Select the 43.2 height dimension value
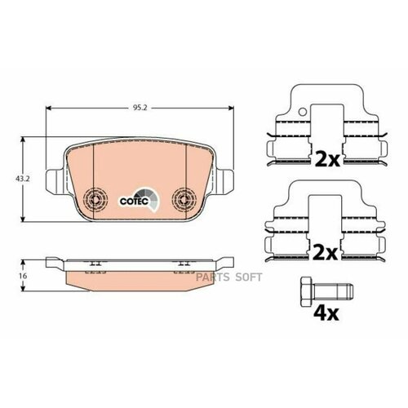[x=12, y=176]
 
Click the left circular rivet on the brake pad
[x=95, y=199]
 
